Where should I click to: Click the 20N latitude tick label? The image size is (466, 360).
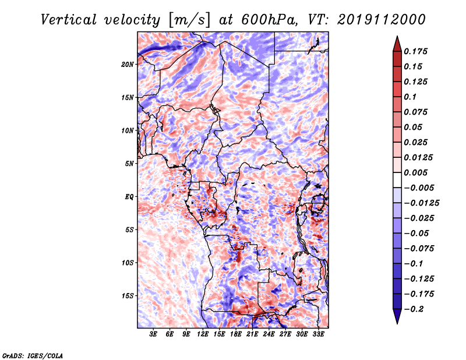[127, 65]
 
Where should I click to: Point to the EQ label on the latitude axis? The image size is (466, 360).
[129, 197]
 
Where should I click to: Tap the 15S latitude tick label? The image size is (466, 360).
[128, 296]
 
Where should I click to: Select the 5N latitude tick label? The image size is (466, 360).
[129, 164]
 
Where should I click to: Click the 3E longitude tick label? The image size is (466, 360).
[153, 334]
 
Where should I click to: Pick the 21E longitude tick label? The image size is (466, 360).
[252, 334]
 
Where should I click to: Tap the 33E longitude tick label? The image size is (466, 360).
[318, 334]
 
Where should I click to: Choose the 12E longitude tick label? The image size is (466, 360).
[203, 334]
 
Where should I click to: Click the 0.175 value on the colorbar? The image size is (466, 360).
[415, 51]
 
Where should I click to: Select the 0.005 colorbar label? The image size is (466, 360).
[415, 172]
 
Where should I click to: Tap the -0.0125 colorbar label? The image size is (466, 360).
[421, 203]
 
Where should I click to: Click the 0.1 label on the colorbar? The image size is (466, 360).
[410, 97]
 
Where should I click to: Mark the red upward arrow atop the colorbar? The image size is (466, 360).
[397, 44]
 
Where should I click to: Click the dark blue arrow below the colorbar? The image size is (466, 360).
[397, 316]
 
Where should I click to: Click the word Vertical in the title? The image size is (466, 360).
[69, 20]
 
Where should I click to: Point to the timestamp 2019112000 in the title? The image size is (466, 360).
[382, 20]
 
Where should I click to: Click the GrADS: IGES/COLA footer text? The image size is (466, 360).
[33, 355]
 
